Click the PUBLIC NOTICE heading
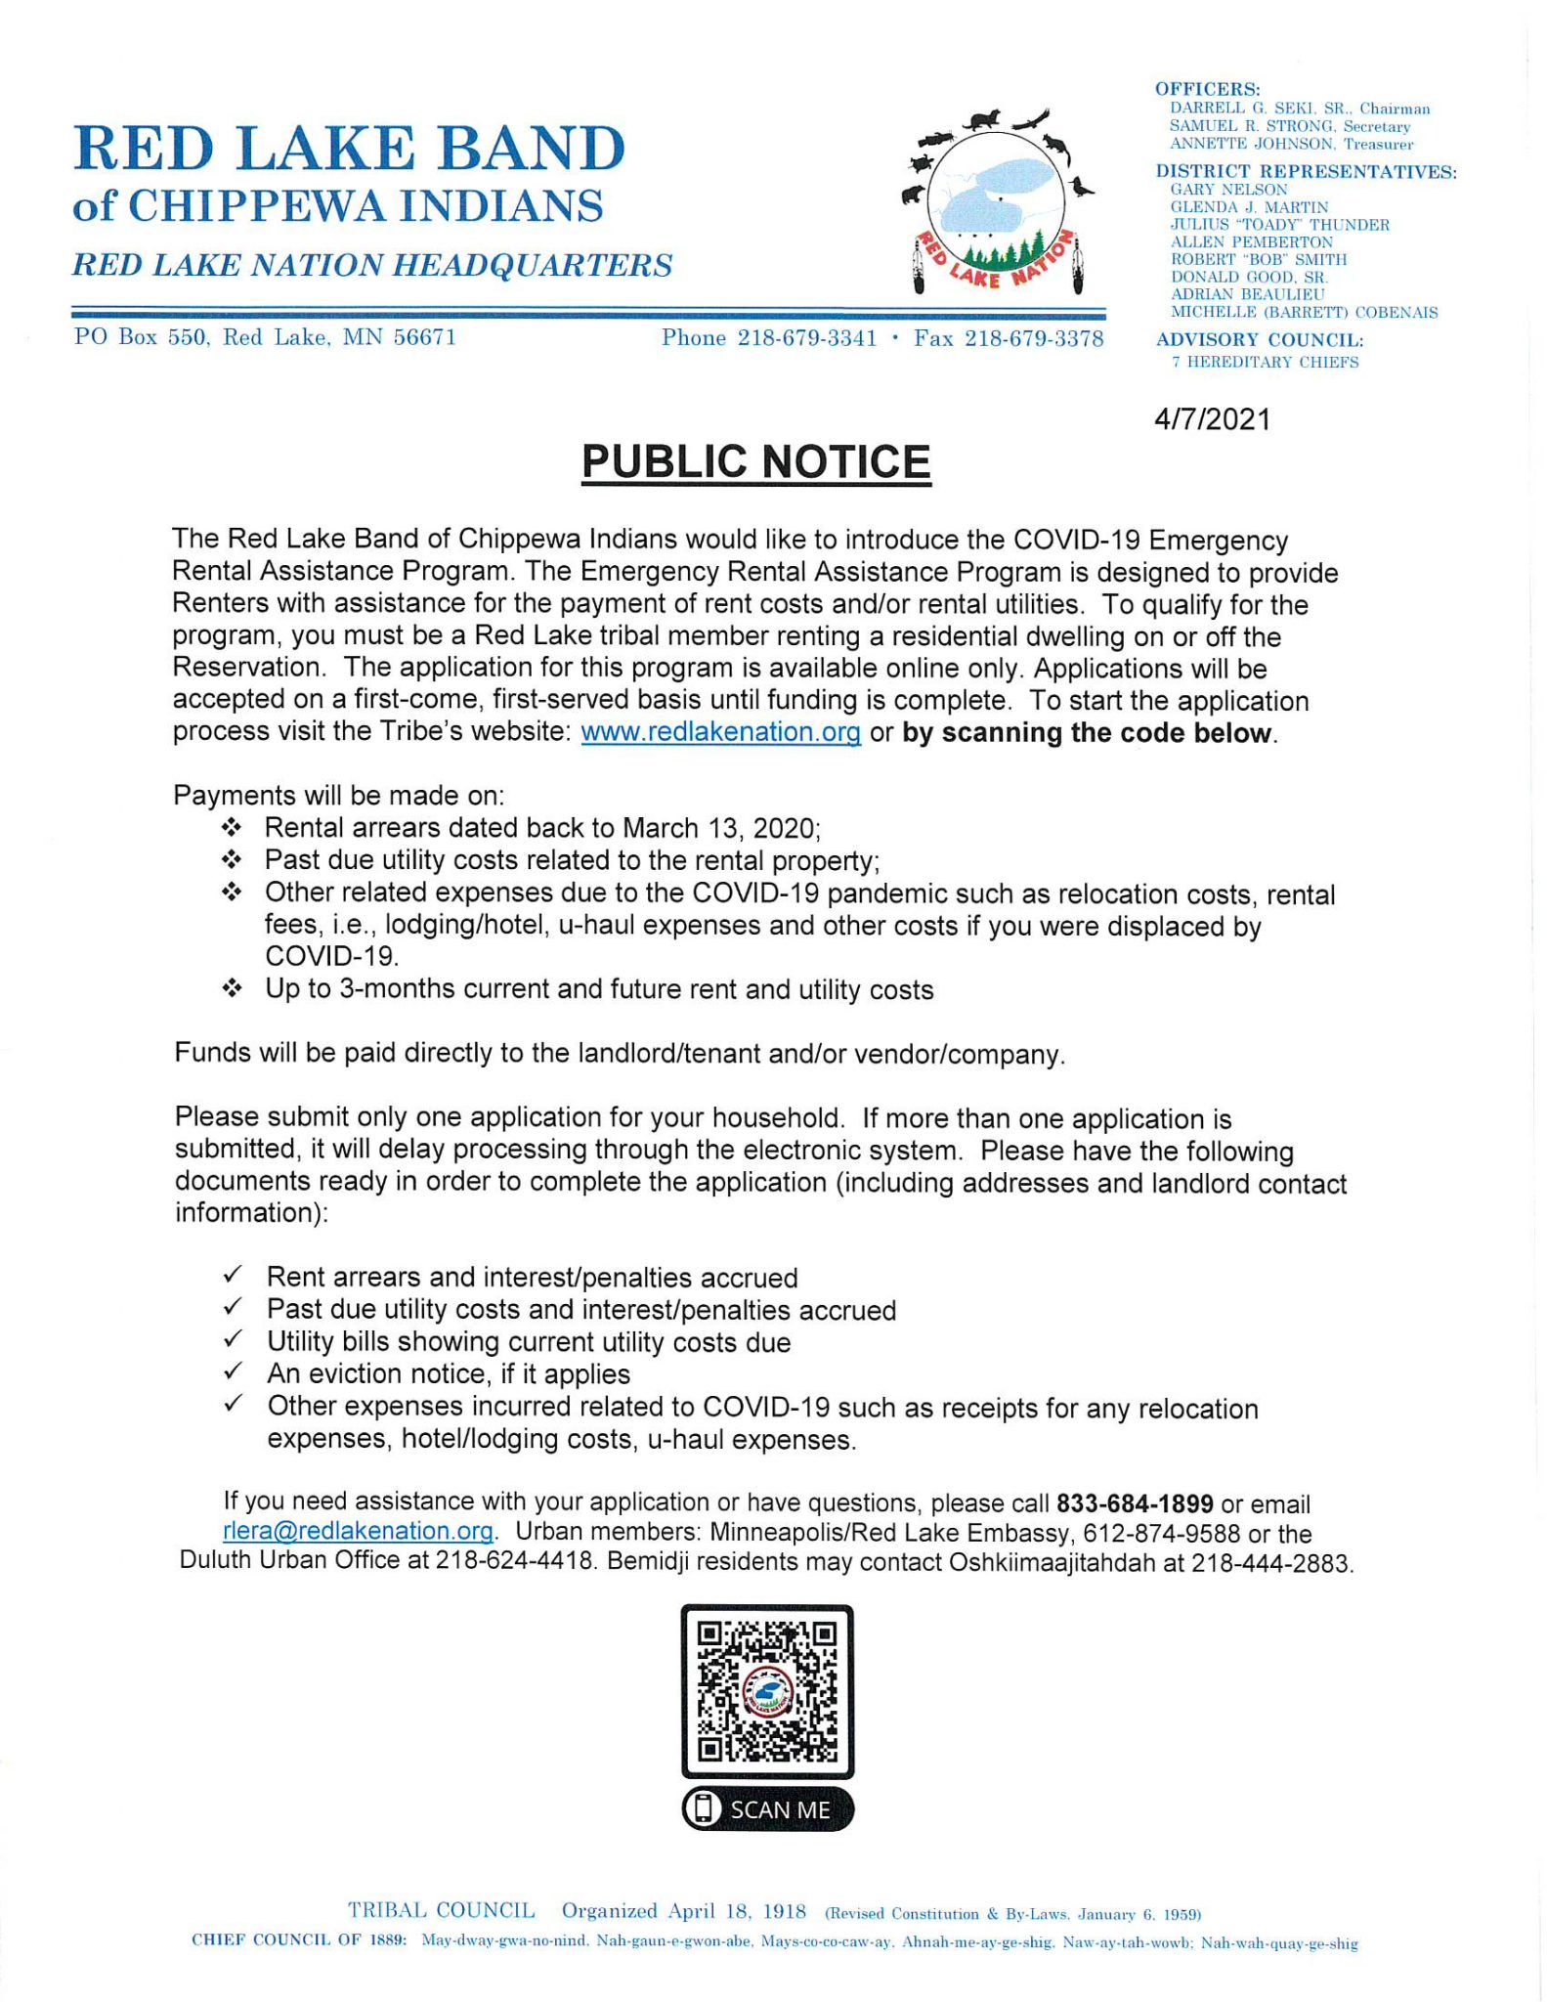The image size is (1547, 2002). (x=755, y=461)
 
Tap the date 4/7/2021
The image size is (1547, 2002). (x=1212, y=419)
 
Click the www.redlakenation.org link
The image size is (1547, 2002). (x=720, y=732)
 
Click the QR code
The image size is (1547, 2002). (x=767, y=1690)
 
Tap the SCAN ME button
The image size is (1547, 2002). (x=767, y=1809)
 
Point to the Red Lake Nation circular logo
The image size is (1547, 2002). (x=997, y=203)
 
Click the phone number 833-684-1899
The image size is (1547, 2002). (x=1135, y=1503)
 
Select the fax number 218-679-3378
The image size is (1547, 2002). (x=1034, y=338)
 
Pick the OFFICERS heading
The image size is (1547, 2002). (x=1208, y=89)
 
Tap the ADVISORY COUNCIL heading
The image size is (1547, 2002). (x=1259, y=340)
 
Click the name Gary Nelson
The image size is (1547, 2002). (x=1228, y=190)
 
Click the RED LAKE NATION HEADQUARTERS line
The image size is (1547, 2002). (x=372, y=265)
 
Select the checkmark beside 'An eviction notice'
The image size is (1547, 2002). (x=233, y=1372)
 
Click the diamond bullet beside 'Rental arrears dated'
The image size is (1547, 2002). (x=232, y=828)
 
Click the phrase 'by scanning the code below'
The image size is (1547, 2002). (x=1088, y=733)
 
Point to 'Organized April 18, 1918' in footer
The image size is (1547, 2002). (x=683, y=1911)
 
